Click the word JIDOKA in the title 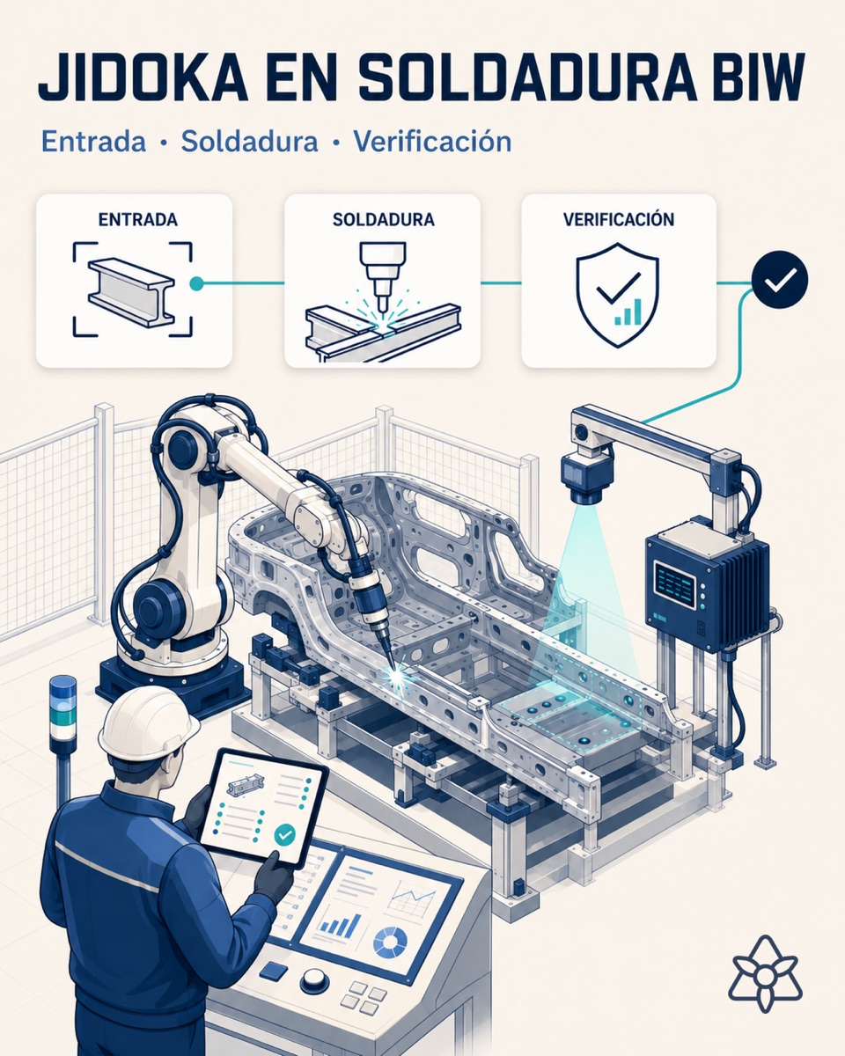click(143, 77)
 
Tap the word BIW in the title click(755, 77)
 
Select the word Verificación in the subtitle click(432, 142)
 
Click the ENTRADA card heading click(138, 219)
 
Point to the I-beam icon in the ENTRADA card click(131, 292)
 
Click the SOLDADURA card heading click(384, 219)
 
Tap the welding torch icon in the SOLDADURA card click(383, 275)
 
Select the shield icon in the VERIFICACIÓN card click(617, 296)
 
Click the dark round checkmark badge click(779, 279)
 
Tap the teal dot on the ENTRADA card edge click(196, 283)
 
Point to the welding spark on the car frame click(396, 676)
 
